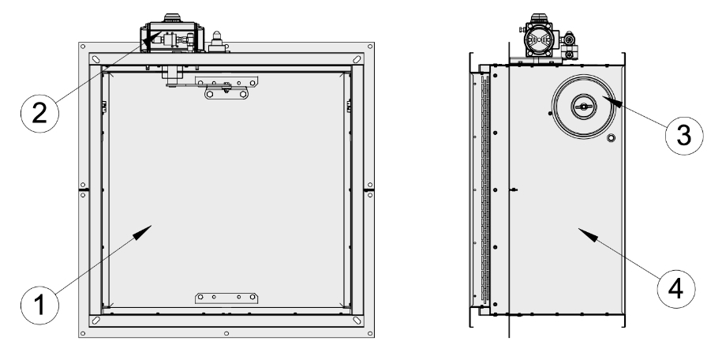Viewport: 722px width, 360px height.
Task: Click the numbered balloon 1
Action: [40, 306]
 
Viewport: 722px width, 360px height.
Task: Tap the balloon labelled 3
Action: [684, 136]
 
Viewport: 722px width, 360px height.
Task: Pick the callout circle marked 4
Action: [676, 289]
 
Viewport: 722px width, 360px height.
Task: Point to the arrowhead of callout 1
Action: [144, 231]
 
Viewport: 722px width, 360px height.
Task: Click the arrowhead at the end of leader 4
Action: [587, 234]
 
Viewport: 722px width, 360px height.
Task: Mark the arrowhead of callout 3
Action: [612, 101]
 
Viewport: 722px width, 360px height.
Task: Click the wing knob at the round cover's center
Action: [584, 107]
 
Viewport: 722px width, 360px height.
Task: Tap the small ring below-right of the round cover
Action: [611, 138]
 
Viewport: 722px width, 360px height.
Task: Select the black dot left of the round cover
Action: [550, 113]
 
